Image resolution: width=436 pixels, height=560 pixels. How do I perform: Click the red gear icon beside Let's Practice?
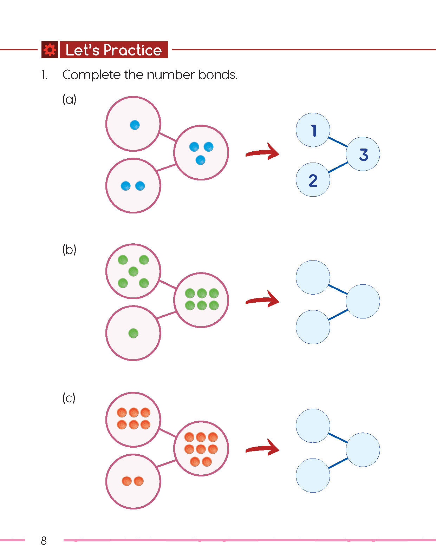[50, 50]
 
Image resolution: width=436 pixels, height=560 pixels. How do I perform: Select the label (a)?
[69, 99]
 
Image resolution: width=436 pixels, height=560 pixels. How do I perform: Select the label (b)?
[69, 250]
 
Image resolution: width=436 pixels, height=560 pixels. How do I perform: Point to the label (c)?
[69, 398]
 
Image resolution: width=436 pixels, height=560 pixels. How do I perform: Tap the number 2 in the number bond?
[313, 180]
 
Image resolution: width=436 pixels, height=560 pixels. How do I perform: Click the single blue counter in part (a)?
[135, 125]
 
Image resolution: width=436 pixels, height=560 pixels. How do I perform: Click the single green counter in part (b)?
[133, 333]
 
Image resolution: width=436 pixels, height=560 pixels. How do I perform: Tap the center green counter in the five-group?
[133, 271]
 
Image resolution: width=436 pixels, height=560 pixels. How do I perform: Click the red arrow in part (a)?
[263, 152]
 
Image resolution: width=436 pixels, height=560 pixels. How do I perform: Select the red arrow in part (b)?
[263, 299]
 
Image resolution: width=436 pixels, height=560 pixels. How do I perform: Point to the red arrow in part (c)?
[263, 448]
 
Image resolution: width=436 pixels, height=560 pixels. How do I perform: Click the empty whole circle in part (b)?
[363, 301]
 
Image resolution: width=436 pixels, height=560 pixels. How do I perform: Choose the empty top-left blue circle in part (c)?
[313, 426]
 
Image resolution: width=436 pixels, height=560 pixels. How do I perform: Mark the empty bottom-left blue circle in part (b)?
[313, 327]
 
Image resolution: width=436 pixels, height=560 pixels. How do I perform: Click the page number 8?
[44, 541]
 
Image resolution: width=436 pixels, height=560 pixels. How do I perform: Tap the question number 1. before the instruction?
[44, 75]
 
